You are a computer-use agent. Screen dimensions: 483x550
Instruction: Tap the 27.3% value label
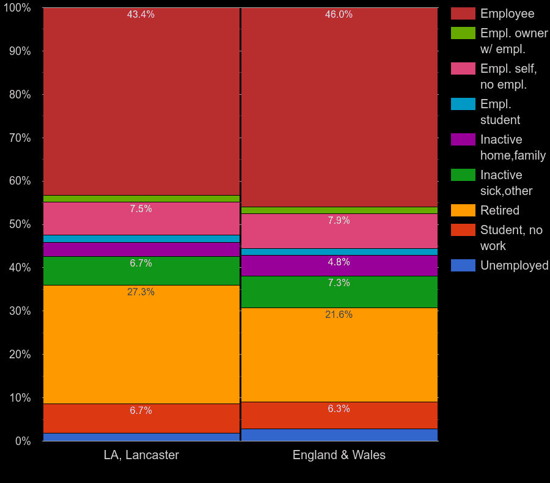[x=141, y=292]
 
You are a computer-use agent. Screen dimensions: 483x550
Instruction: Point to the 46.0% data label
[x=339, y=15]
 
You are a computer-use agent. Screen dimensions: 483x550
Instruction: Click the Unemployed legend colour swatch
[x=463, y=265]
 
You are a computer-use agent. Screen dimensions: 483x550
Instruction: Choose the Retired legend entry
[x=499, y=210]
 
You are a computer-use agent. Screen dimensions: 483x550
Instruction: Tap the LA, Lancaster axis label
[x=141, y=455]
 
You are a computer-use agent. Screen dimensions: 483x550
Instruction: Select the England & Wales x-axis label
[x=339, y=455]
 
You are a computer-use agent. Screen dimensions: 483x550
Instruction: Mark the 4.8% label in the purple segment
[x=339, y=262]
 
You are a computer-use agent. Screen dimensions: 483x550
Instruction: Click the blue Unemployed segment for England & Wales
[x=339, y=435]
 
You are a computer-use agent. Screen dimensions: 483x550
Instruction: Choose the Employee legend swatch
[x=463, y=13]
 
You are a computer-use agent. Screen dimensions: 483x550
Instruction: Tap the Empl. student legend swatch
[x=463, y=104]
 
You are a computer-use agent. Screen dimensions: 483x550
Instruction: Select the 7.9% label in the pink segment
[x=339, y=221]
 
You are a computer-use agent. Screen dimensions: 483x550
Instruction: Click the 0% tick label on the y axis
[x=23, y=441]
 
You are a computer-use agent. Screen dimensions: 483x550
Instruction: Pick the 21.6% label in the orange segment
[x=339, y=315]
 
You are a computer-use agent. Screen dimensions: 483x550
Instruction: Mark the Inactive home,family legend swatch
[x=463, y=139]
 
